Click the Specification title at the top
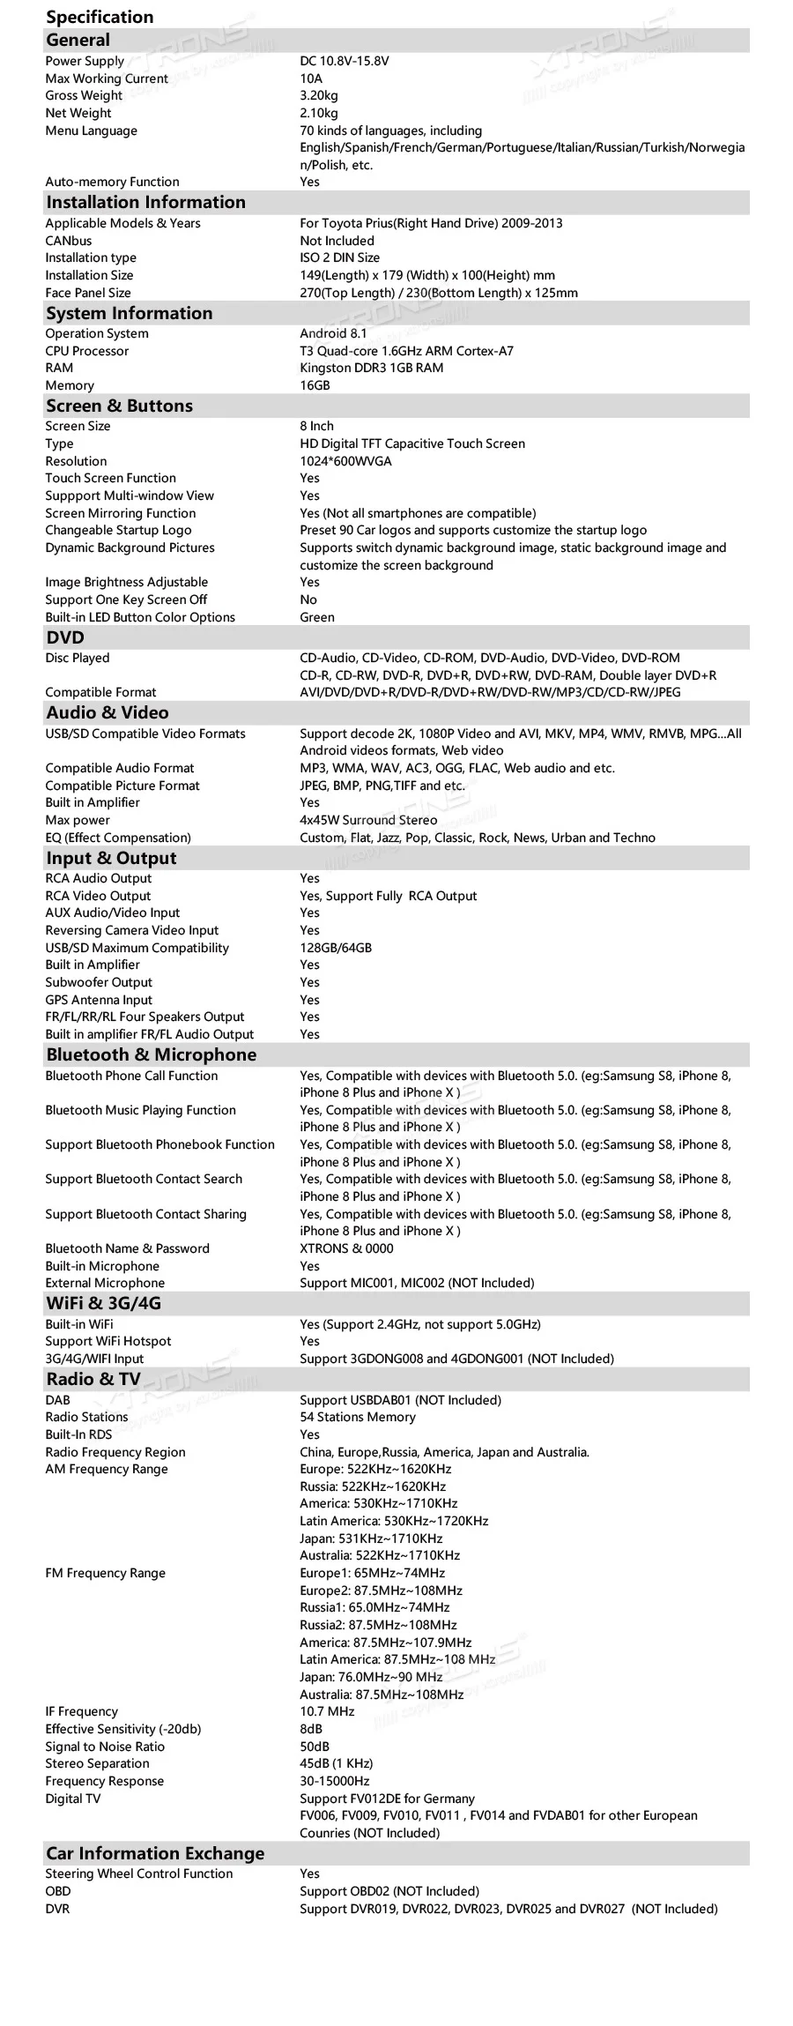click(100, 17)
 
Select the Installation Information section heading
click(145, 202)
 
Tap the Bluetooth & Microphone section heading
click(151, 1054)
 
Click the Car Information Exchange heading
click(155, 1853)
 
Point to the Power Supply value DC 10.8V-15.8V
click(344, 61)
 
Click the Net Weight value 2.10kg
click(319, 113)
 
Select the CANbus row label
click(69, 241)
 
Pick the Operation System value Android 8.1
click(333, 333)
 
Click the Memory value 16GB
click(315, 385)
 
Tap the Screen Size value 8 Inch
click(316, 426)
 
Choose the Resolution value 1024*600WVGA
click(345, 461)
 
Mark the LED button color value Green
click(317, 617)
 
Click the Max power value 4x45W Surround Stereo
click(368, 820)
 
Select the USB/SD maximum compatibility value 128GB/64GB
click(336, 948)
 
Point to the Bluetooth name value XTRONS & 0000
click(346, 1248)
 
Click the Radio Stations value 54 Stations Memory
click(358, 1417)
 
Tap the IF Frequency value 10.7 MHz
click(327, 1711)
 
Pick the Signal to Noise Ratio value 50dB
click(315, 1747)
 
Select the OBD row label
click(58, 1891)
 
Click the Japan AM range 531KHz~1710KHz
click(371, 1538)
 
